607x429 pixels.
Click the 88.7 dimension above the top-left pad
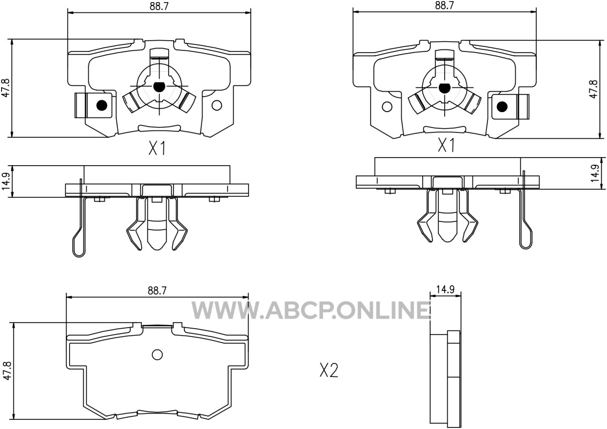pos(159,6)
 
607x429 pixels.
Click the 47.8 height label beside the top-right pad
pos(594,88)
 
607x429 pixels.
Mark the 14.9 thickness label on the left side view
pos(6,182)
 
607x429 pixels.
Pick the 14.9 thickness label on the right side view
pos(595,173)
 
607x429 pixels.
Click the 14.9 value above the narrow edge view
pos(445,290)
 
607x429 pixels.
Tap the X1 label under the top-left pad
pos(157,148)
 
